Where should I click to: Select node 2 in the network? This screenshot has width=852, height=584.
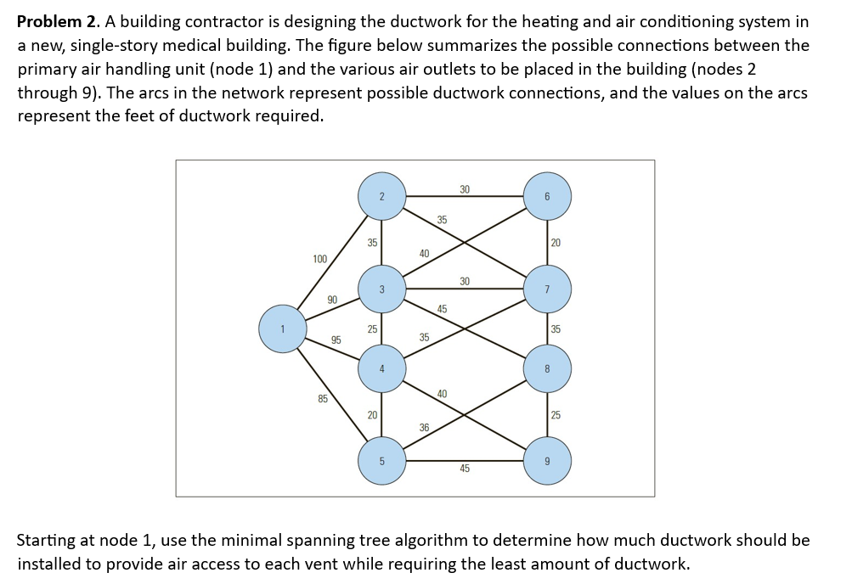click(x=381, y=197)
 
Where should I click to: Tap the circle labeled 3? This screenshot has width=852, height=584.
click(x=381, y=289)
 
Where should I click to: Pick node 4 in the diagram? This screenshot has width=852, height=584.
click(x=381, y=368)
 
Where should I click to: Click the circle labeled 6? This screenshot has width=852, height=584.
click(x=547, y=197)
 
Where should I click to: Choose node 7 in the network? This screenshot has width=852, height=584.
click(x=547, y=289)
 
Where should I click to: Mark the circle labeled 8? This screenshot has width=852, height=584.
click(x=547, y=368)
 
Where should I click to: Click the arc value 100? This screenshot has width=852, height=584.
click(x=319, y=258)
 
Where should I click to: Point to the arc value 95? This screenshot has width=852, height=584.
click(x=336, y=340)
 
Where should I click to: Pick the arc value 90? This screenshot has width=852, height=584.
click(x=332, y=299)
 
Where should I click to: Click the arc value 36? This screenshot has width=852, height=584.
click(x=425, y=427)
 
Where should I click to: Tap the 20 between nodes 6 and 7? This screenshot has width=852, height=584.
click(x=556, y=243)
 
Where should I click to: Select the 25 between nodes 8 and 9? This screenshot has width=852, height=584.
click(x=556, y=415)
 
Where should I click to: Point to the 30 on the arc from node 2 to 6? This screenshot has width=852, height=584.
click(x=465, y=188)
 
